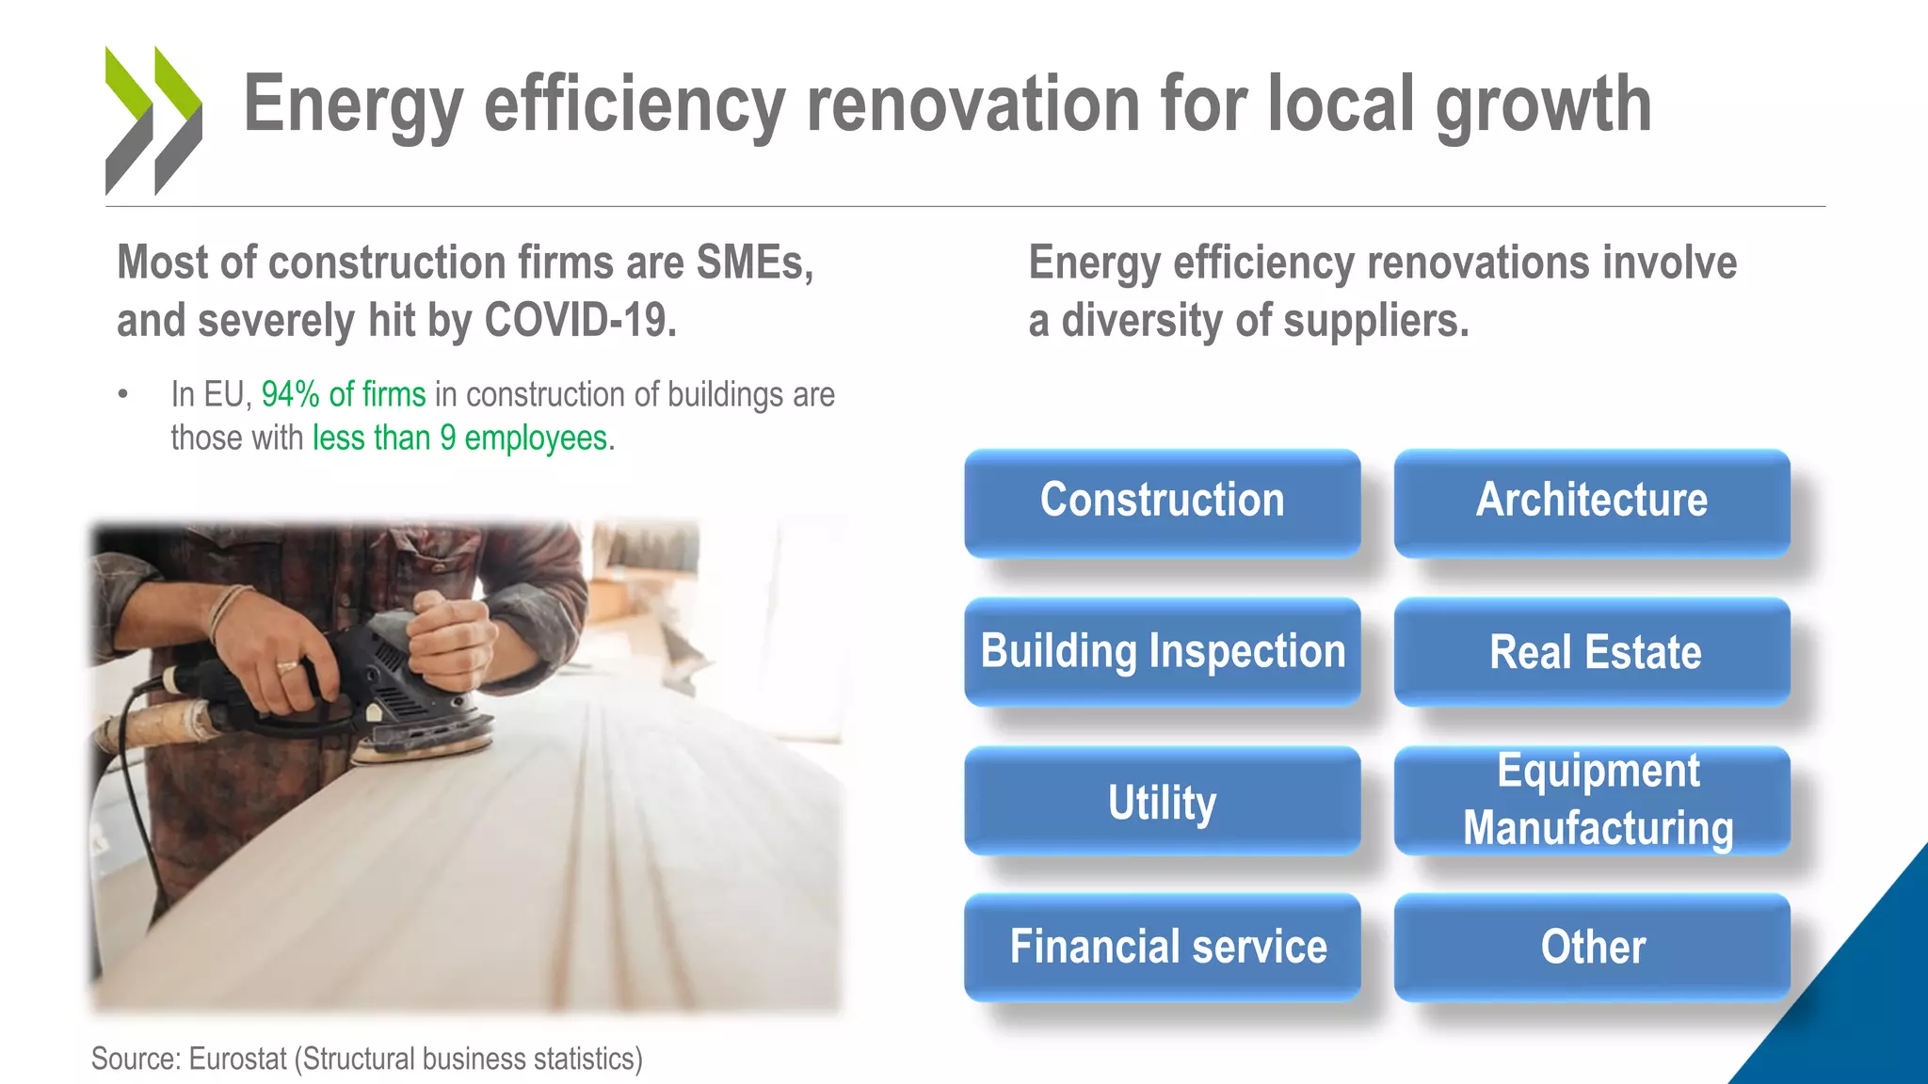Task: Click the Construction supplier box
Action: pyautogui.click(x=1162, y=502)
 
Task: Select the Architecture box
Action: pyautogui.click(x=1591, y=502)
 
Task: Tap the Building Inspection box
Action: pyautogui.click(x=1162, y=651)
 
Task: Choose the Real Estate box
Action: pyautogui.click(x=1591, y=651)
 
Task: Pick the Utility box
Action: pyautogui.click(x=1162, y=801)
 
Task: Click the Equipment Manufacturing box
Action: pyautogui.click(x=1591, y=801)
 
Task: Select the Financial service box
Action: pyautogui.click(x=1162, y=947)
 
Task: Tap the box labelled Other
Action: pyautogui.click(x=1591, y=947)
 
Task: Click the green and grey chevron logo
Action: pyautogui.click(x=153, y=120)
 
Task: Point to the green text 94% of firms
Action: pyautogui.click(x=343, y=394)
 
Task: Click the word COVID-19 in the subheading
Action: pyautogui.click(x=580, y=321)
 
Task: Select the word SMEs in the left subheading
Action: pyautogui.click(x=754, y=263)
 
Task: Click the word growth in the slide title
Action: pyautogui.click(x=1543, y=105)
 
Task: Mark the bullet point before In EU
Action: pyautogui.click(x=122, y=394)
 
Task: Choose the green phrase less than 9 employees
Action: pyautogui.click(x=459, y=438)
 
